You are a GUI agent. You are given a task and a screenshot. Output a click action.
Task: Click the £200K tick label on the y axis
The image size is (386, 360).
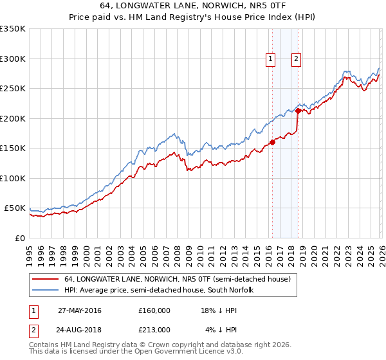(x=12, y=118)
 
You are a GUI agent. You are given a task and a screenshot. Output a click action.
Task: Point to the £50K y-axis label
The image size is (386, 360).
(x=15, y=208)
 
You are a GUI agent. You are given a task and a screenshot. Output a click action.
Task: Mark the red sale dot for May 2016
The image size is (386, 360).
(x=272, y=142)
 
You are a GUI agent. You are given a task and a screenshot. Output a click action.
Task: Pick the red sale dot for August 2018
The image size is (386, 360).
(x=298, y=111)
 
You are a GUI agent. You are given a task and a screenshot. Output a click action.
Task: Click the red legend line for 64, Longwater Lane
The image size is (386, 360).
(x=46, y=280)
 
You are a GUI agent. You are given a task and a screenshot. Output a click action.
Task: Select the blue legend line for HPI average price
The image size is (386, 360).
(x=46, y=290)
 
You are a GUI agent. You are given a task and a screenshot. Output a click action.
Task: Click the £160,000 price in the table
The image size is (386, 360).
(x=154, y=310)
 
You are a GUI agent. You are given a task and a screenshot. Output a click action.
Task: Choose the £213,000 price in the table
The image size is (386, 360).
(x=154, y=329)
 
